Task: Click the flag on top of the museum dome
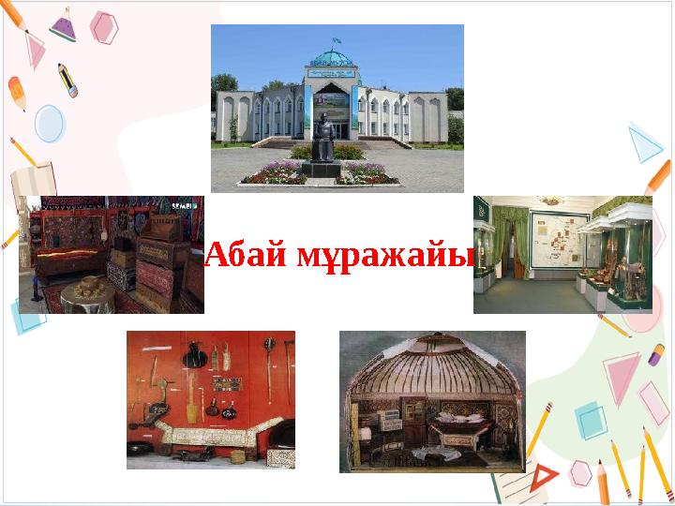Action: pos(333,41)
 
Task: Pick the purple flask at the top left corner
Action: pos(63,25)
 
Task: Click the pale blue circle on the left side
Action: pos(49,123)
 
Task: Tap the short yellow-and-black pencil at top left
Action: pos(67,80)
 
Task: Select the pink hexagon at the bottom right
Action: pos(580,472)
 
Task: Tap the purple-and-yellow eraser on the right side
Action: pos(656,355)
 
